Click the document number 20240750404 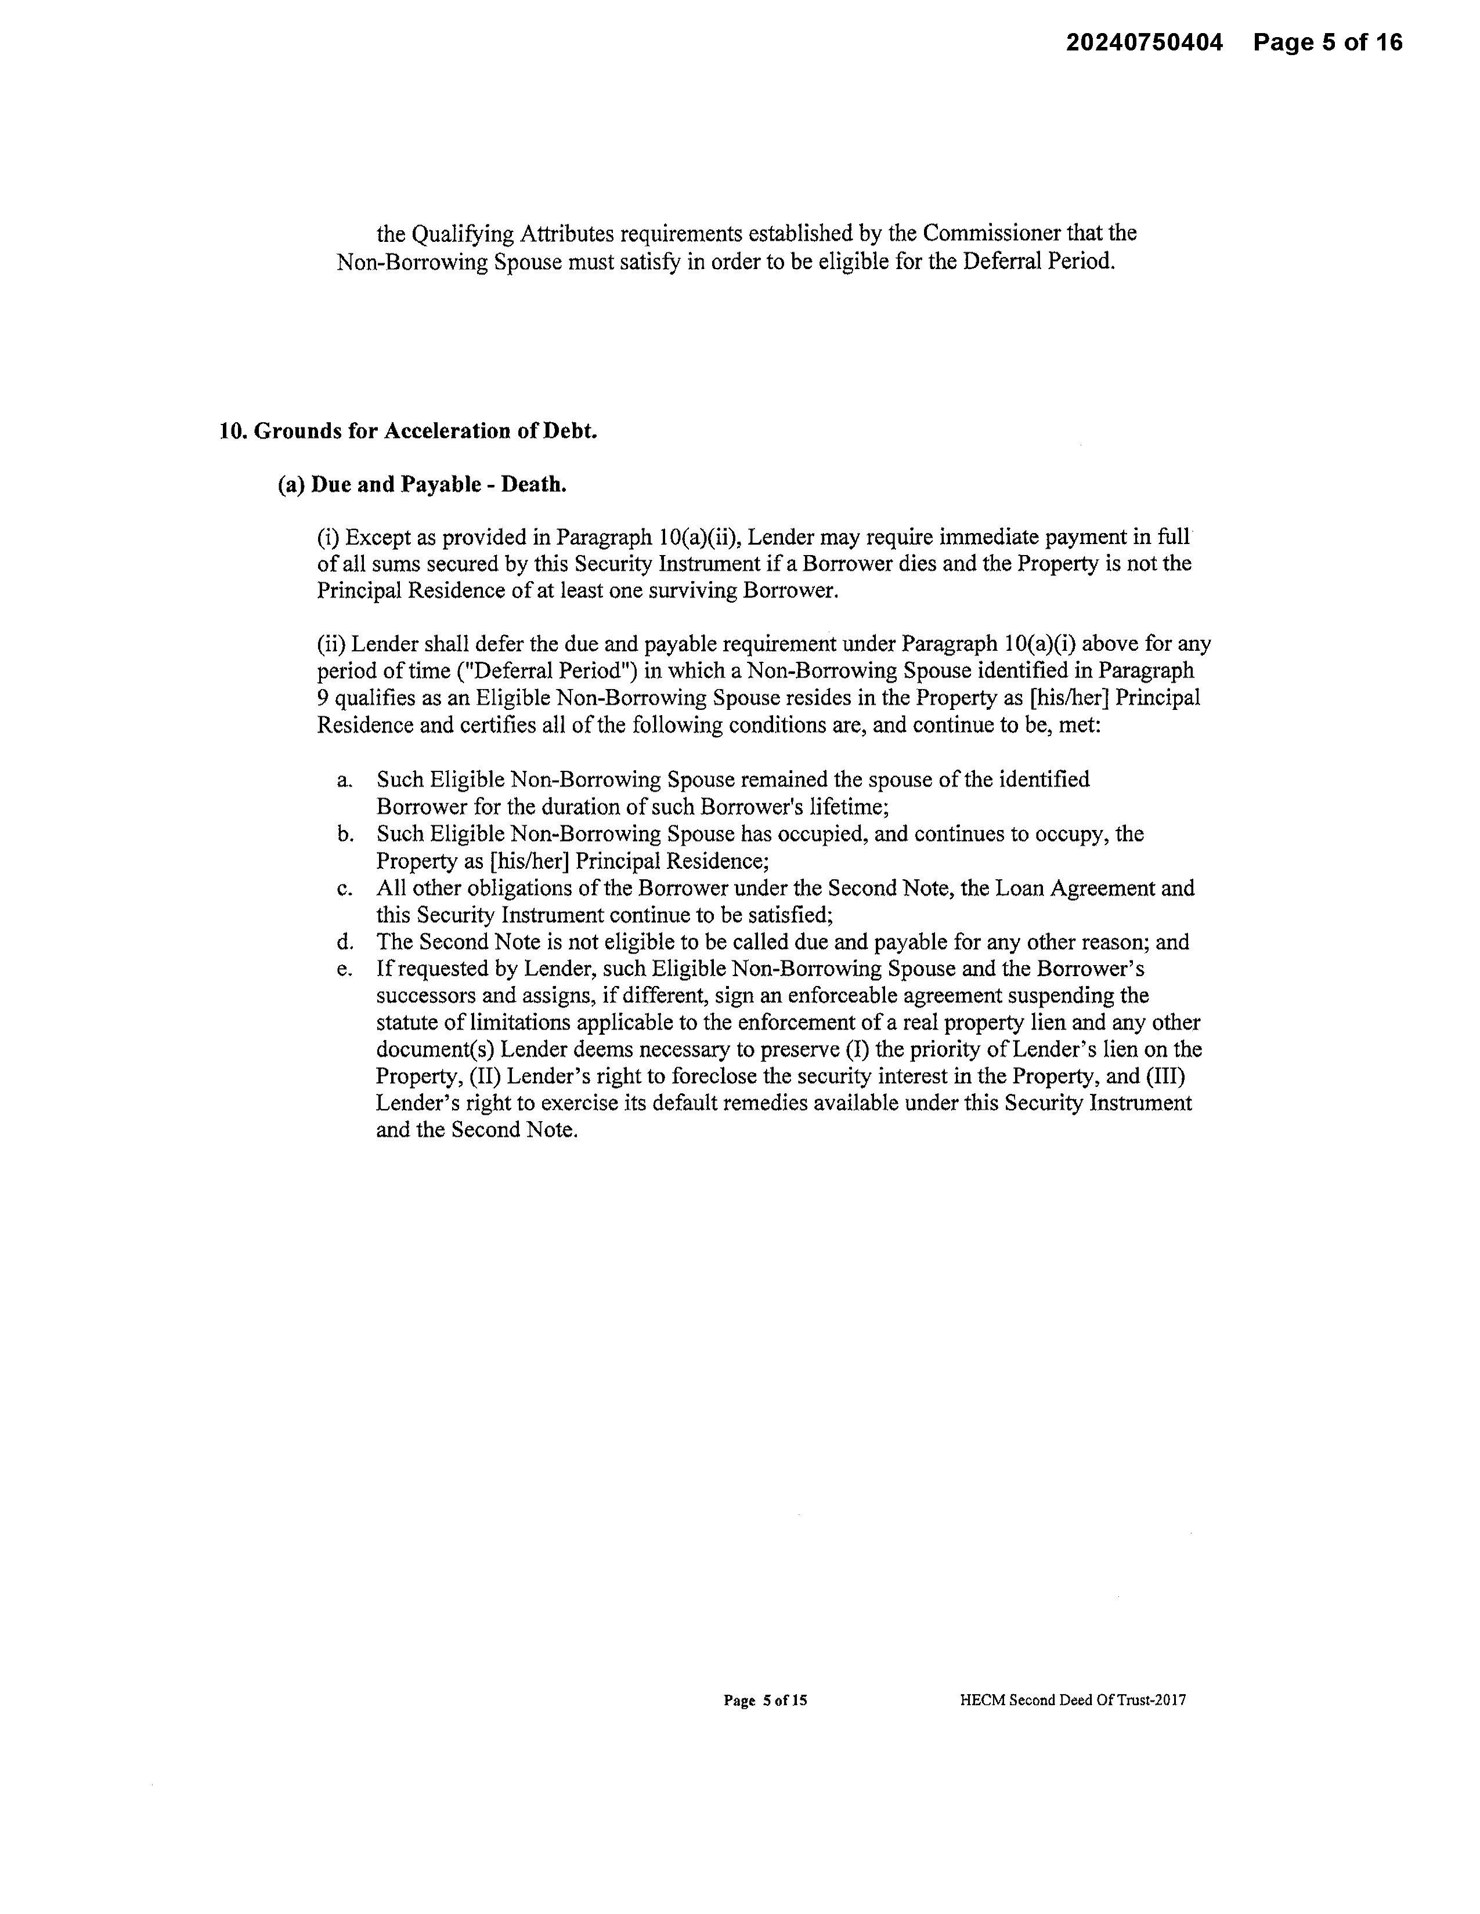(x=1143, y=42)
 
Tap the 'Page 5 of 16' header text (x=1327, y=42)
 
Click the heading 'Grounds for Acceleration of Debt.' (x=425, y=430)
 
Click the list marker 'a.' (x=345, y=780)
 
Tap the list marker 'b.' (x=345, y=834)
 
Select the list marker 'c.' (x=345, y=889)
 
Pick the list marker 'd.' (x=345, y=942)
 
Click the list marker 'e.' (x=345, y=969)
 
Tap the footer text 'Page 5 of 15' (x=764, y=1700)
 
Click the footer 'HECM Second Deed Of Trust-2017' (x=1073, y=1700)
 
